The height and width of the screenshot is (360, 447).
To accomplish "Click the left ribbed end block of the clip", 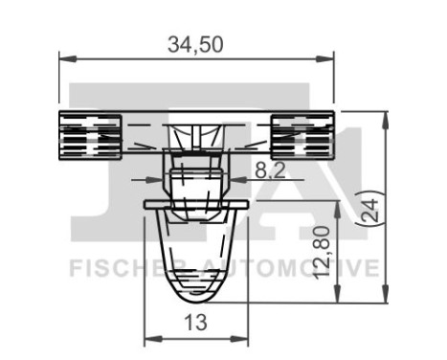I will [91, 133].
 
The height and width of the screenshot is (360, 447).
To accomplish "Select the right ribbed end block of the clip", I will [302, 133].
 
